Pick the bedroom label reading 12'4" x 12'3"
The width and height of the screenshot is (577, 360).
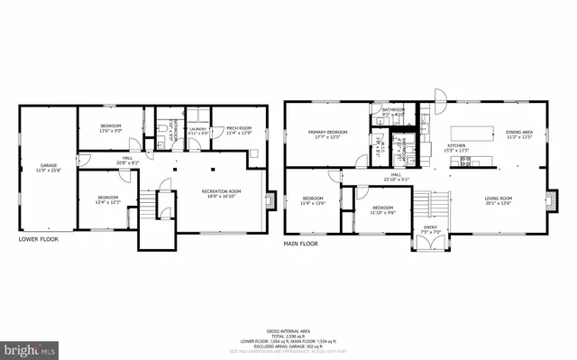pyautogui.click(x=108, y=198)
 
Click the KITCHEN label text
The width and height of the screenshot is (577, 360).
pyautogui.click(x=457, y=147)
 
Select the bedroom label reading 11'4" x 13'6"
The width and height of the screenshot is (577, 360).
pyautogui.click(x=313, y=200)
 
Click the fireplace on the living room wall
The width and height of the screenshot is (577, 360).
pyautogui.click(x=549, y=200)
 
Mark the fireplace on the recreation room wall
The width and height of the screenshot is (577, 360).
pyautogui.click(x=270, y=198)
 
